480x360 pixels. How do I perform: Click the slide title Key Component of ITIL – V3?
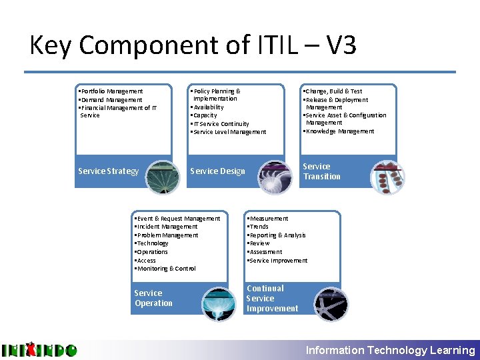[193, 45]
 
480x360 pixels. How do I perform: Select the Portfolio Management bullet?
[111, 91]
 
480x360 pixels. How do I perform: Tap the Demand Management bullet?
[111, 100]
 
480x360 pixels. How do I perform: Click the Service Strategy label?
[108, 171]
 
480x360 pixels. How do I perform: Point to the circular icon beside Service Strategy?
[163, 176]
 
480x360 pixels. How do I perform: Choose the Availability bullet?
[208, 107]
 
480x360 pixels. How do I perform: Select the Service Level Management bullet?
[229, 132]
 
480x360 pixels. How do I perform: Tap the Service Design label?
[217, 171]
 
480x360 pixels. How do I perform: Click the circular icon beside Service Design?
[275, 176]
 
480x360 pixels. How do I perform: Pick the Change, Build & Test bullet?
[333, 91]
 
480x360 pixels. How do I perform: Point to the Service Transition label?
[321, 171]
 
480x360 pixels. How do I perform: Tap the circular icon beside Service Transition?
[387, 176]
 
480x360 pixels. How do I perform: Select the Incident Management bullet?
[167, 227]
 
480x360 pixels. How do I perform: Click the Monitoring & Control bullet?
[165, 269]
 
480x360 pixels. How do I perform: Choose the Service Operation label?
[153, 298]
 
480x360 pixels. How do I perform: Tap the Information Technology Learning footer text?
[390, 350]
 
